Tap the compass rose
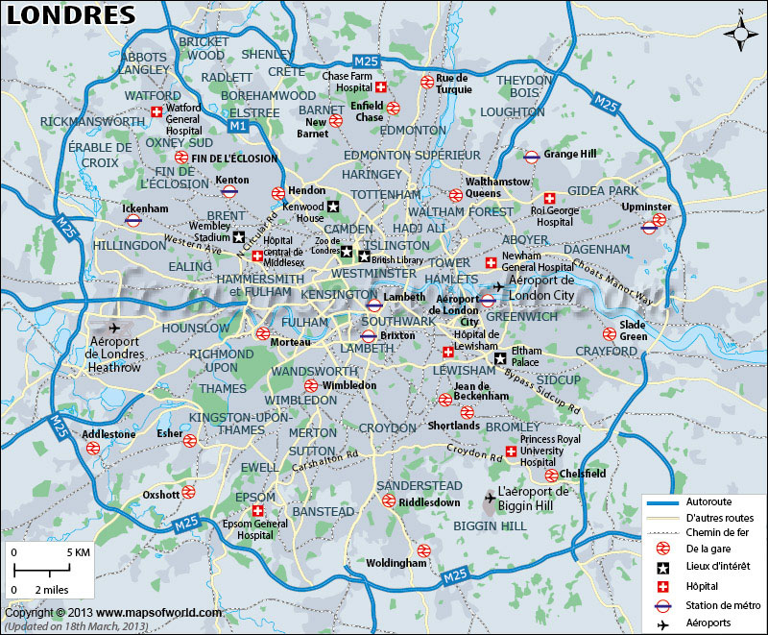741,33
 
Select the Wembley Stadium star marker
239,237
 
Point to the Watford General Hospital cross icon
156,112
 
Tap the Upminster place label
647,207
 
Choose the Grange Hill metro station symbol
531,154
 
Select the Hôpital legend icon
662,584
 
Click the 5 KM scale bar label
78,553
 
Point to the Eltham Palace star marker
499,358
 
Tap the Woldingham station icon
423,550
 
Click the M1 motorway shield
238,126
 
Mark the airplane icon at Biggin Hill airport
491,498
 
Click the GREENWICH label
521,316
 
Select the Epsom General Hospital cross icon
257,511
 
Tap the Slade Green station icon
609,334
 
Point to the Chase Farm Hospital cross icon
381,87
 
